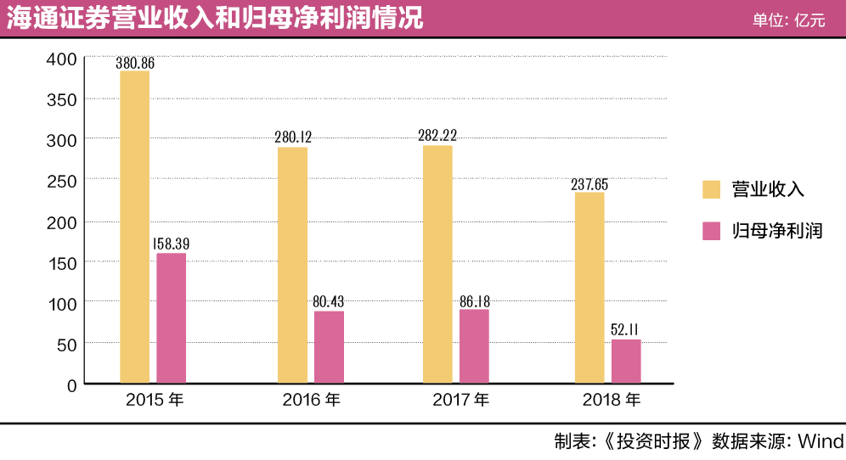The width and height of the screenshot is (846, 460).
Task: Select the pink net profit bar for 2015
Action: coord(171,318)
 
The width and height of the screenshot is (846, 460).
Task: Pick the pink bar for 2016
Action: coord(329,347)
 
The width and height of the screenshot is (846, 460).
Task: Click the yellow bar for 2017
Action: coord(437,264)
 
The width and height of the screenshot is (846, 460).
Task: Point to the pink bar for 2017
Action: coord(474,346)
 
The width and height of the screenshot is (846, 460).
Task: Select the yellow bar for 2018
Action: coord(589,288)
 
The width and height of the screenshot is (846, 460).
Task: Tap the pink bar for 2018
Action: coord(626,362)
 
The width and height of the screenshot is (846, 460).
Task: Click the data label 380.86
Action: coord(136,62)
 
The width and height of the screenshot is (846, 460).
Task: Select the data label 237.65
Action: coord(589,183)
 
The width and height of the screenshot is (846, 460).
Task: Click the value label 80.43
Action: coord(329,301)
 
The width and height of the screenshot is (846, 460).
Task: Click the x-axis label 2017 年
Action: coord(461,400)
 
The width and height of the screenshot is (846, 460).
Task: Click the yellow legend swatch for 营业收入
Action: coord(711,188)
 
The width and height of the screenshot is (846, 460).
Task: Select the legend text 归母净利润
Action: coord(777,230)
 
